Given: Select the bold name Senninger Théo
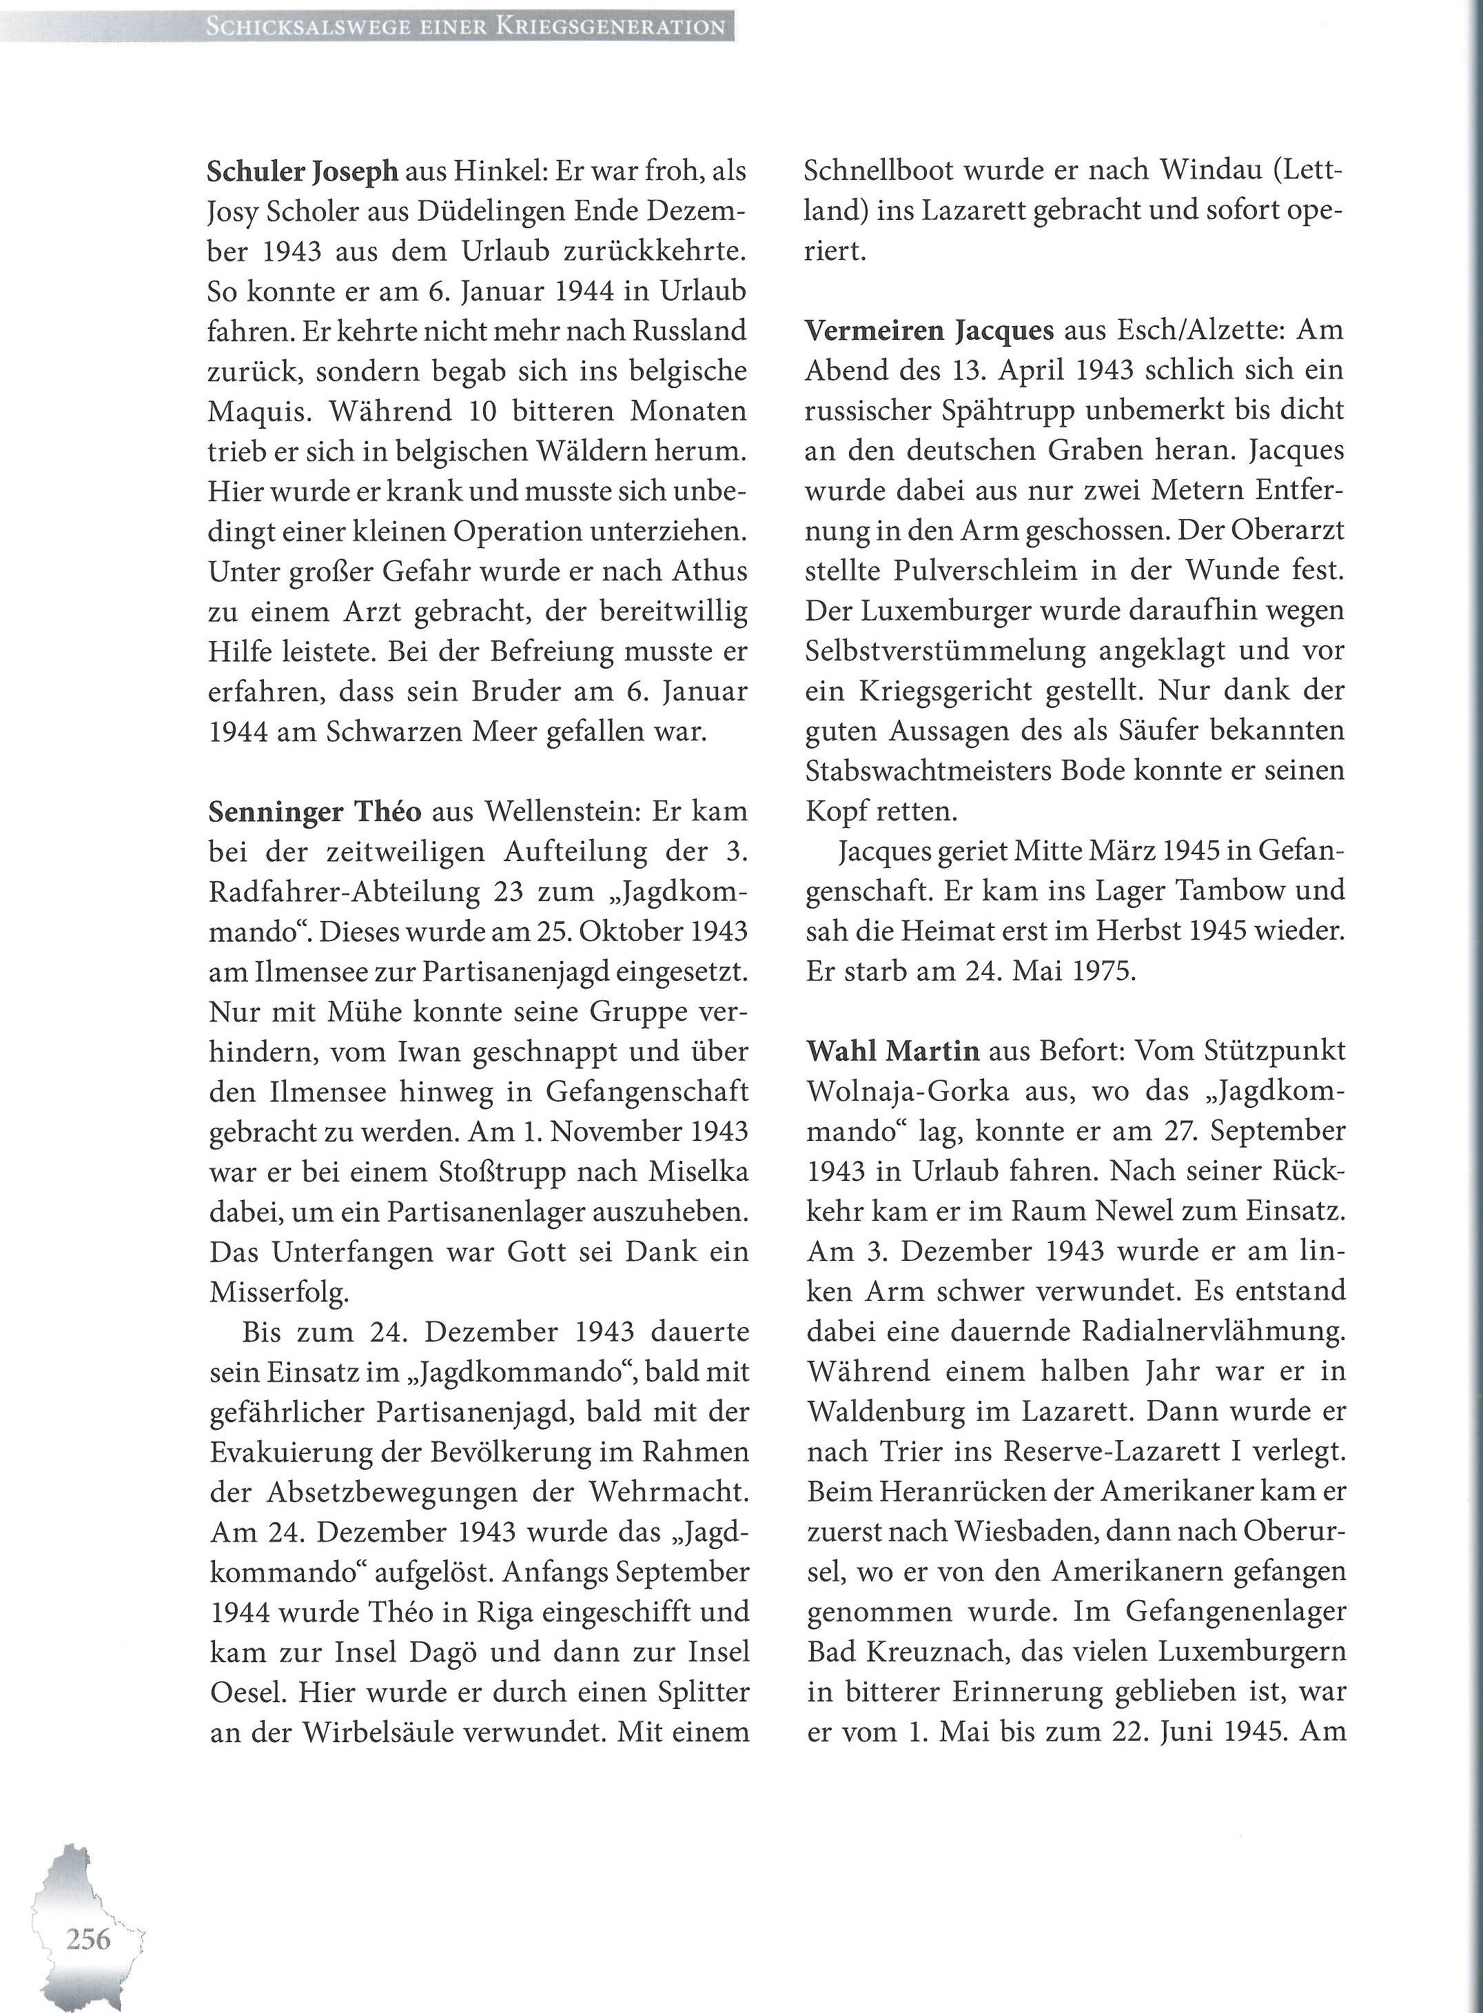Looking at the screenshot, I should point(314,811).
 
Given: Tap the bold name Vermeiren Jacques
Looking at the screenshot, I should point(929,330).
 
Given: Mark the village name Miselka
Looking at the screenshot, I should point(694,1172).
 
